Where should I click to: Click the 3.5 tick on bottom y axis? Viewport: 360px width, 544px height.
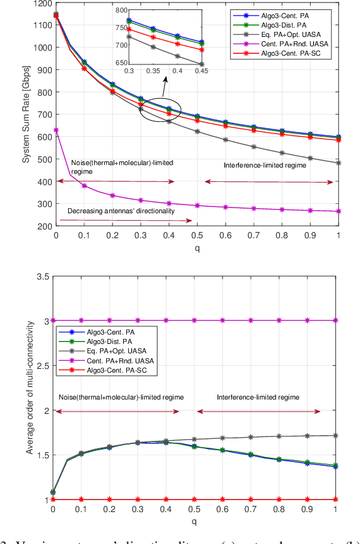tap(42, 276)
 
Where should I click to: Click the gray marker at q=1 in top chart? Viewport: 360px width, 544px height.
tap(338, 163)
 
